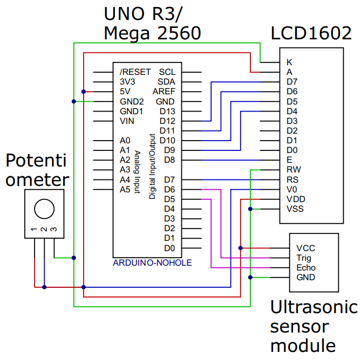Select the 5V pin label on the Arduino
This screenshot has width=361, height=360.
[125, 92]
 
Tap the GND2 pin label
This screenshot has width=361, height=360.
[131, 101]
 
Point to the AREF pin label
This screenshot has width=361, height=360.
[164, 92]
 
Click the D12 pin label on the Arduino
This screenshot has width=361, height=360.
[167, 121]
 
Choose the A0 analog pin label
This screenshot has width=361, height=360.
[125, 141]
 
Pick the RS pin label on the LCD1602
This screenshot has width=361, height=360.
[292, 179]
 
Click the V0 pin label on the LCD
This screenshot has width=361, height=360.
[292, 190]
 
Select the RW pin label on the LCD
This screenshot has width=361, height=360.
[293, 170]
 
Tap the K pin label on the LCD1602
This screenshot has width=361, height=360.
[289, 62]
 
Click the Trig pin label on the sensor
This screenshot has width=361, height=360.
[304, 258]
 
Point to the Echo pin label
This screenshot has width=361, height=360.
[306, 268]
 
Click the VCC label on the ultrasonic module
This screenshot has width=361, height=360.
[305, 248]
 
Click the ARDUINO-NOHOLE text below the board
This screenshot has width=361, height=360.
[152, 263]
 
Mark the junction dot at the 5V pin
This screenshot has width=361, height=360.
[84, 92]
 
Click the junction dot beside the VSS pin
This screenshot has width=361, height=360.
[250, 209]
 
